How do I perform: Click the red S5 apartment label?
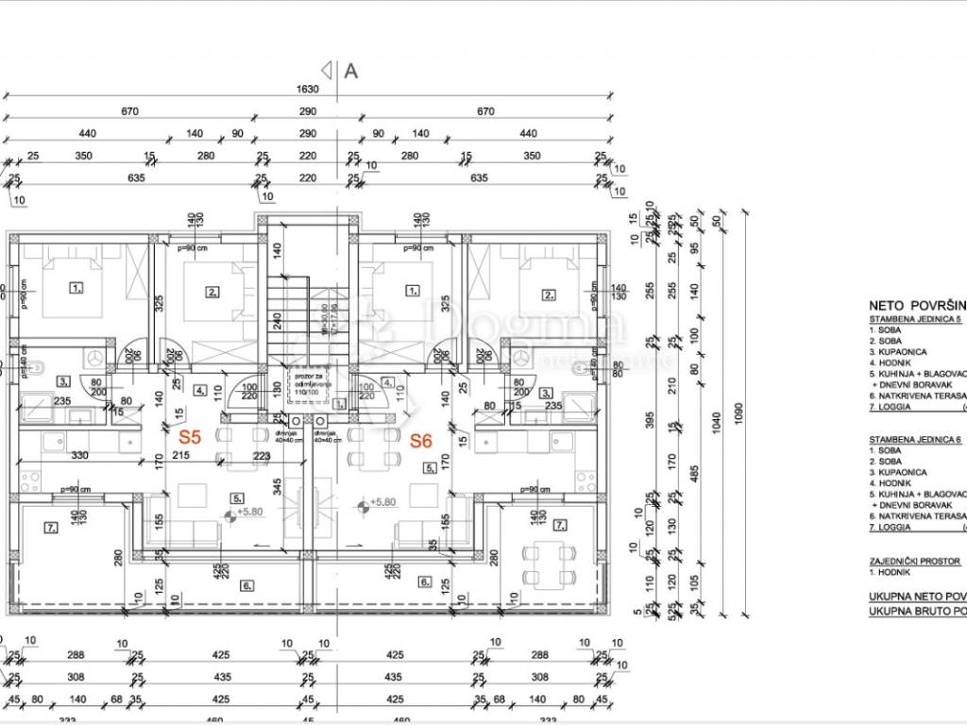(191, 437)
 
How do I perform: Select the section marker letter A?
(352, 69)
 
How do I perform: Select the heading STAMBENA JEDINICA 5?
(916, 321)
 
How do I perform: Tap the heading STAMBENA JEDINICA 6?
(916, 439)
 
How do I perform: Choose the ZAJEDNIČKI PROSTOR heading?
(914, 561)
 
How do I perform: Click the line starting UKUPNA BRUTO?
(917, 611)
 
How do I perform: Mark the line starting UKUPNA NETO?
(917, 597)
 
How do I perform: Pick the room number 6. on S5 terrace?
(246, 586)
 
